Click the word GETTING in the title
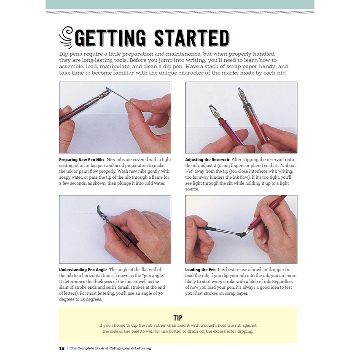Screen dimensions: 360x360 click(110, 38)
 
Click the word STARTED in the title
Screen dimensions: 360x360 click(192, 38)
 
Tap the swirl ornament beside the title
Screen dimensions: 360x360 click(66, 37)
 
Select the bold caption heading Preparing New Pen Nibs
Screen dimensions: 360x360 click(82, 160)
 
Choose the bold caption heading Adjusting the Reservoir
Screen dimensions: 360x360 click(207, 160)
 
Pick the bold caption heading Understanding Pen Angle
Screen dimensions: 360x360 click(83, 270)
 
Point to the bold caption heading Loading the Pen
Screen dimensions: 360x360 click(200, 270)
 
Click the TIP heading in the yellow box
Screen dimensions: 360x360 click(178, 318)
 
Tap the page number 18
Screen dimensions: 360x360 click(62, 348)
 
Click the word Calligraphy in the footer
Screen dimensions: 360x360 click(120, 348)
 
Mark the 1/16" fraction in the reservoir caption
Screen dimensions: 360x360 click(190, 172)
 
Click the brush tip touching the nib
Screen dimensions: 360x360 click(239, 235)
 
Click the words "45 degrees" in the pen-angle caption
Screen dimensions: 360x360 click(91, 299)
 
